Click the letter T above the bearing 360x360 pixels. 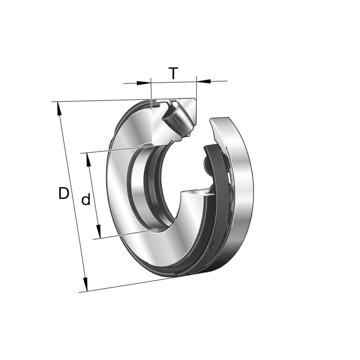pos(173,73)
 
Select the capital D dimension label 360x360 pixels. pos(64,193)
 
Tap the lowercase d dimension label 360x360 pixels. pos(85,200)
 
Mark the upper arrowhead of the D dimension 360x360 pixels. pos(59,108)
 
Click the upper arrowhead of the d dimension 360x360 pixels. pos(88,159)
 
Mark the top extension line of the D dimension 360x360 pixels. pos(103,101)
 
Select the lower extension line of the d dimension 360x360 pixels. pos(126,234)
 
